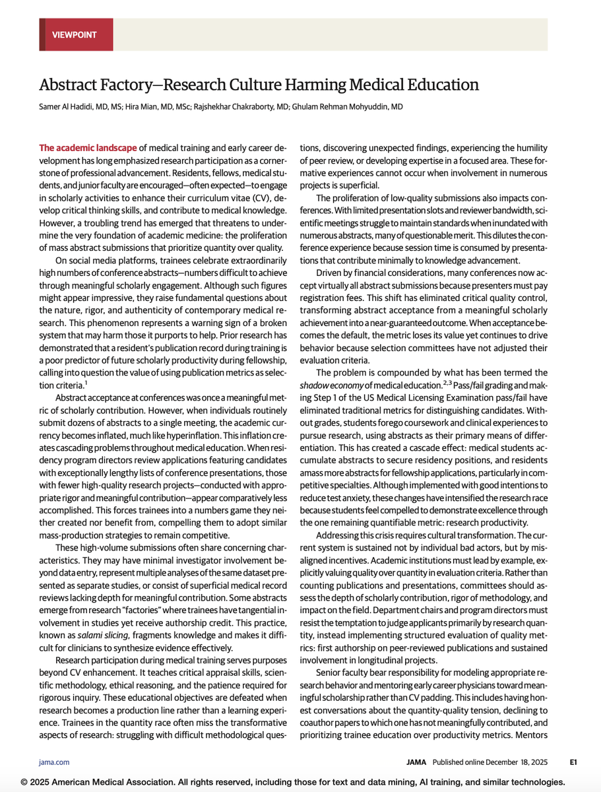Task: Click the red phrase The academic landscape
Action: (88, 148)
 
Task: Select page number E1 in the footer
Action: (574, 762)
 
